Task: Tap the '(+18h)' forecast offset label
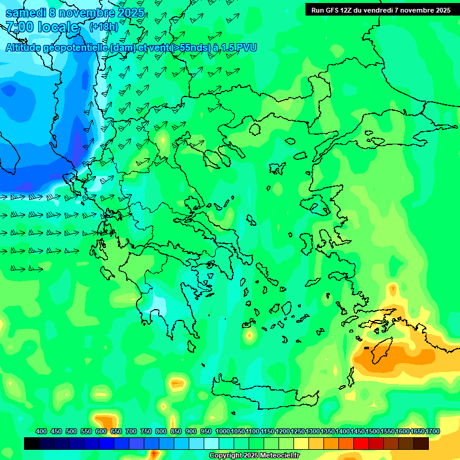[x=104, y=27]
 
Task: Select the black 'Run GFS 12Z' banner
[x=381, y=10]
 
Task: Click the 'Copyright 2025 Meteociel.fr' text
[x=254, y=456]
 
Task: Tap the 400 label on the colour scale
[x=41, y=431]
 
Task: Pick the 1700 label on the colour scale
[x=432, y=431]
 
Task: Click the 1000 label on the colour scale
[x=223, y=431]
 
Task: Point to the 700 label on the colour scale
[x=131, y=431]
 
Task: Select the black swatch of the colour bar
[x=32, y=444]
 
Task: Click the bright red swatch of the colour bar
[x=361, y=444]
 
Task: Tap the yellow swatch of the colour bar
[x=301, y=444]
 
